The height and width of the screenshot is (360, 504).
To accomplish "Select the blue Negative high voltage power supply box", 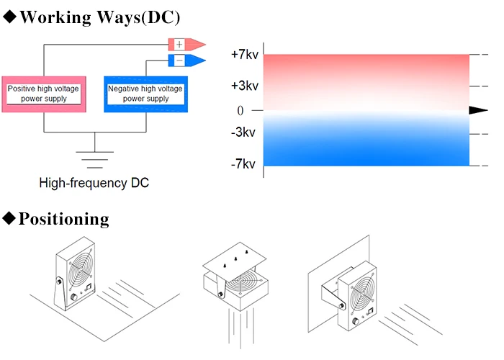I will tap(146, 94).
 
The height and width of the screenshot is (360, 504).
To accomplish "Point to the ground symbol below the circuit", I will tap(94, 152).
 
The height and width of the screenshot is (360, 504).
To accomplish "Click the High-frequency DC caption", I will tap(94, 183).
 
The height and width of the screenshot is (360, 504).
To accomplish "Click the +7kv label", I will tap(243, 55).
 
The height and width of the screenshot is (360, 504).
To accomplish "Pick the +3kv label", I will tap(243, 86).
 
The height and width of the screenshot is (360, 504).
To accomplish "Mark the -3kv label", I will tap(243, 134).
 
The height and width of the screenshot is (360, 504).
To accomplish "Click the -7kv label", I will tap(243, 165).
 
